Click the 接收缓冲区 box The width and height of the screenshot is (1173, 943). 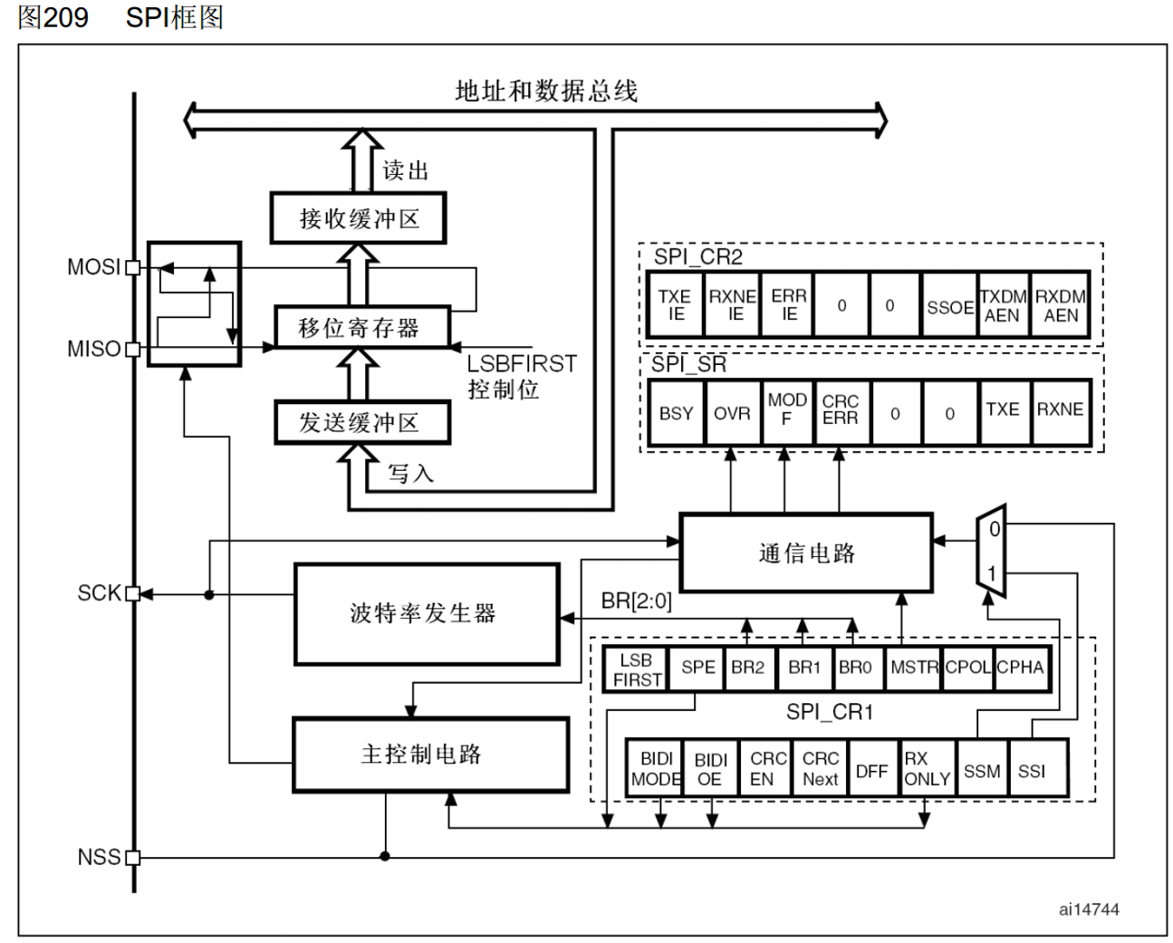(x=359, y=218)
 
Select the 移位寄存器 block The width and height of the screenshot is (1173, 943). (x=361, y=327)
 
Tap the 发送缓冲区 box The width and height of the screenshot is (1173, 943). (x=361, y=423)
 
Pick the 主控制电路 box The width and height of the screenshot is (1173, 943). (x=430, y=754)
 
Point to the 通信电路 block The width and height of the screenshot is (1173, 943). (x=805, y=553)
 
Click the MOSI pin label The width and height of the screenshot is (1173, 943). (x=93, y=267)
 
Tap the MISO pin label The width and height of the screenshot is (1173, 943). (x=93, y=349)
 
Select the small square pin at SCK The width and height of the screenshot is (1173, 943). (x=133, y=593)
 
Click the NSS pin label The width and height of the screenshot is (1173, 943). (x=99, y=857)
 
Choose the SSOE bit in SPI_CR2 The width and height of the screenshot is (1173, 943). (x=949, y=307)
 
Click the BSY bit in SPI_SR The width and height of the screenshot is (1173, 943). (x=676, y=413)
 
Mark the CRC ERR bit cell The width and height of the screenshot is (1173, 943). (x=840, y=410)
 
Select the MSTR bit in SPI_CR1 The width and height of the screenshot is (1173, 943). (x=913, y=668)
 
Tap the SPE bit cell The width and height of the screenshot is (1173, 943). (x=697, y=668)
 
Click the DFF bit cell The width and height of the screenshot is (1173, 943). (x=871, y=771)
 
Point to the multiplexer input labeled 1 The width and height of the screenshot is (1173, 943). (x=992, y=573)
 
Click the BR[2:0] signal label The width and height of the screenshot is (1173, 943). (x=636, y=601)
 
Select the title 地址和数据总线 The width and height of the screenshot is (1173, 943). (x=546, y=91)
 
